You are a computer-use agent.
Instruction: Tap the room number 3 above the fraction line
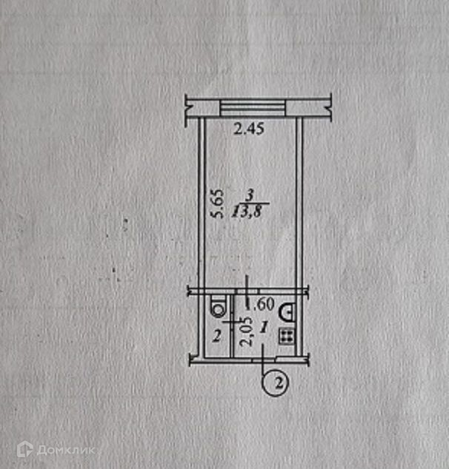(x=250, y=195)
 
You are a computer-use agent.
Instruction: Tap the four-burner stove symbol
(x=286, y=336)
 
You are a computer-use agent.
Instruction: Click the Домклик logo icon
(x=25, y=448)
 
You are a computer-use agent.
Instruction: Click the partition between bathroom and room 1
(x=233, y=325)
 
